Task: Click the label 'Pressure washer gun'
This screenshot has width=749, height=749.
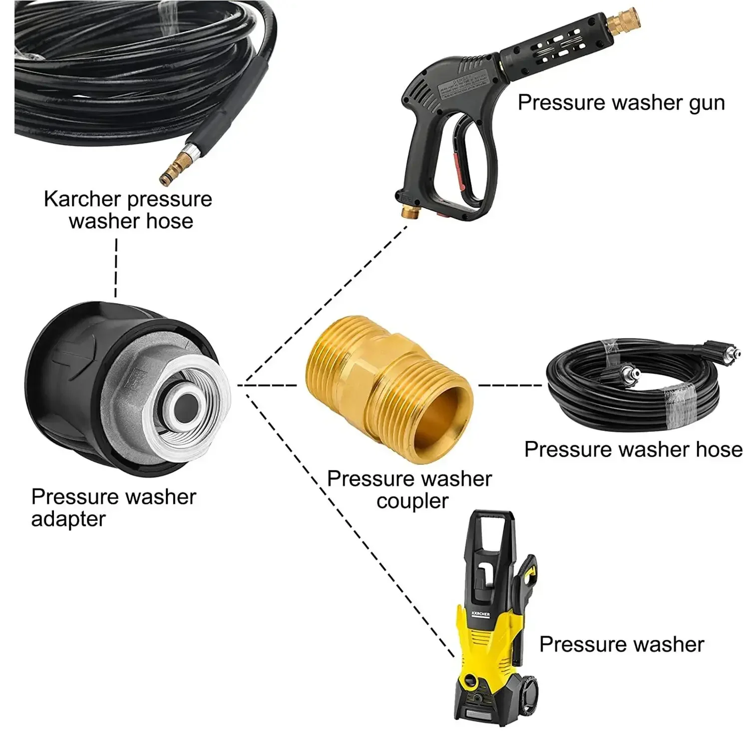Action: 621,103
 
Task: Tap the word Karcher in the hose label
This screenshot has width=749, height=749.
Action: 82,199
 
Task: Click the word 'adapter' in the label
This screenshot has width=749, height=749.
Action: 68,519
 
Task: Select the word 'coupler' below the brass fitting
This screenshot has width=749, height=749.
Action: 412,501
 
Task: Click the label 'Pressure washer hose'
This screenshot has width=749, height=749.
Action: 633,449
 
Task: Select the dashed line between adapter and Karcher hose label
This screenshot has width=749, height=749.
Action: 116,268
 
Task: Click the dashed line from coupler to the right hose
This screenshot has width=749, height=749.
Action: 509,385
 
